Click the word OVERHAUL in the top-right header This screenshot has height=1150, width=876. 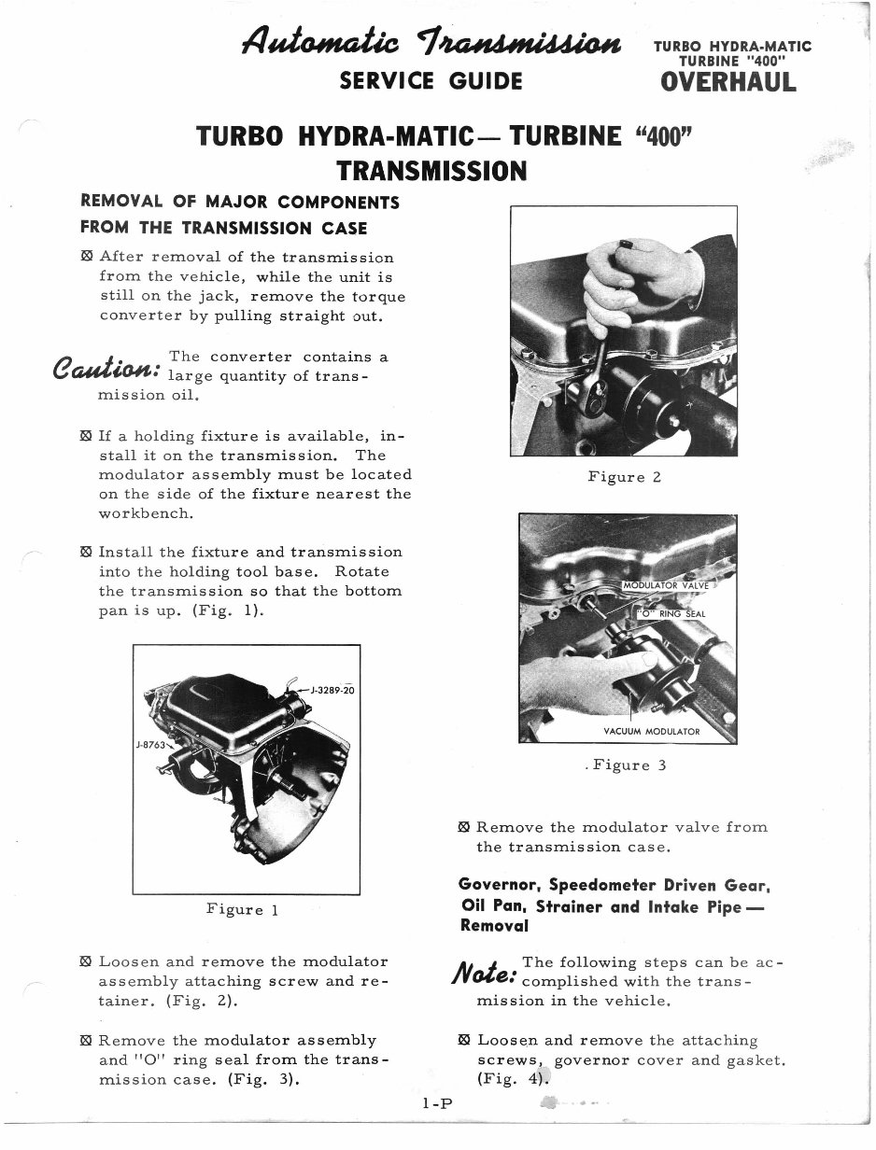click(728, 81)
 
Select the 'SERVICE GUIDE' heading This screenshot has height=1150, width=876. click(431, 81)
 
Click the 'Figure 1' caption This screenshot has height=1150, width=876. click(243, 909)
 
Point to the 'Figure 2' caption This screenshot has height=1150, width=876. click(624, 477)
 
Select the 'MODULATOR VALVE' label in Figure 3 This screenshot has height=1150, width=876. click(667, 586)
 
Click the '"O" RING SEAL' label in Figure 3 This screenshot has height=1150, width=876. click(671, 613)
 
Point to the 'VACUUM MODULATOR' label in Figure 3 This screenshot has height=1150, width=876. click(652, 732)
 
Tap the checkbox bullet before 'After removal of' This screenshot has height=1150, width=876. click(87, 257)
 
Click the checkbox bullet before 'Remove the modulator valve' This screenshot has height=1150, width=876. click(464, 827)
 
